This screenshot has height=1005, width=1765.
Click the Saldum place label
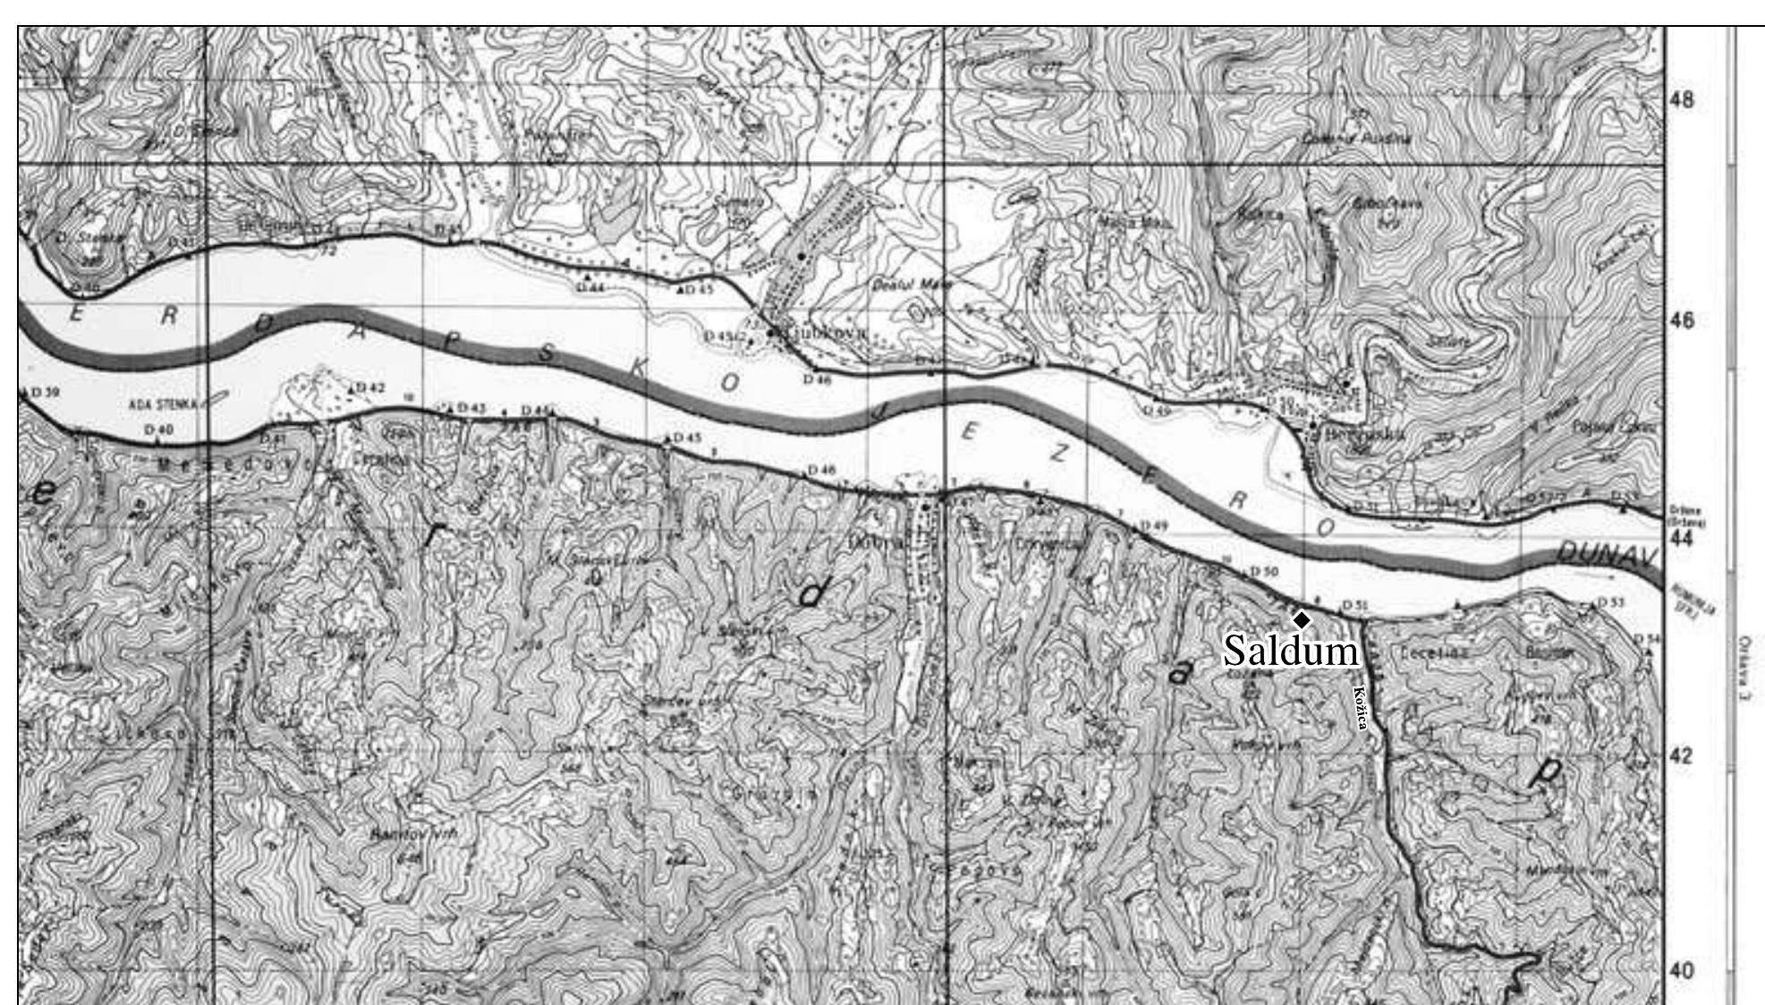point(1290,651)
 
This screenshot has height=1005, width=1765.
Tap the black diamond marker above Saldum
point(1302,619)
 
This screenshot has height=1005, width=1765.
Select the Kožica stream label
point(1360,708)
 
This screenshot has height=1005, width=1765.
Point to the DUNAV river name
point(1607,554)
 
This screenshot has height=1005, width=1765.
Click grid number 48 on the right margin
point(1682,100)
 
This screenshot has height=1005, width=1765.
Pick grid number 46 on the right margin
point(1682,320)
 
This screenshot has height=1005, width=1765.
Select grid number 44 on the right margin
point(1682,539)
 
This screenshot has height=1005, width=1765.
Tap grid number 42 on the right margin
point(1682,756)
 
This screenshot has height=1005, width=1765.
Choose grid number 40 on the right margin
point(1682,971)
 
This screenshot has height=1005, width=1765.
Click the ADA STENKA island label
point(163,405)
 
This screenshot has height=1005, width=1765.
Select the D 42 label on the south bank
point(369,388)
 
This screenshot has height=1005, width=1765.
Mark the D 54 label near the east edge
point(1646,639)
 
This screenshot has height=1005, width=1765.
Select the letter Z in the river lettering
point(1058,453)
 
